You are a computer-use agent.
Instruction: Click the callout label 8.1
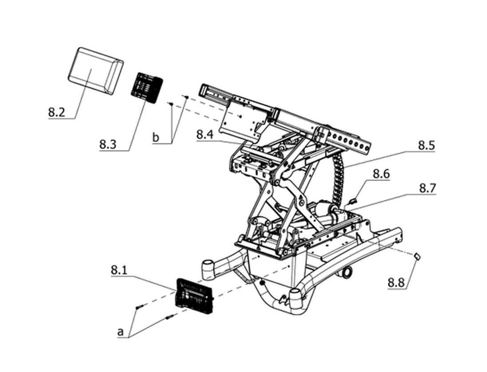[119, 270]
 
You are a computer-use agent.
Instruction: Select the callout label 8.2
[57, 112]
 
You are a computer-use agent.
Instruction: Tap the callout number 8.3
[108, 144]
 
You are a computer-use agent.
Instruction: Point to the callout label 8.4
[205, 135]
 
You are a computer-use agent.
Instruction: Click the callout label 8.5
[427, 145]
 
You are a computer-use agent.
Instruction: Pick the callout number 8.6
[381, 174]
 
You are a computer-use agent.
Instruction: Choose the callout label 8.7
[427, 188]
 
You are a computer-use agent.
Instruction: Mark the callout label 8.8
[396, 283]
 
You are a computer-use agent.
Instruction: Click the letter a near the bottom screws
[120, 332]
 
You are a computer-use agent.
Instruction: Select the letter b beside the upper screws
[156, 137]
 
